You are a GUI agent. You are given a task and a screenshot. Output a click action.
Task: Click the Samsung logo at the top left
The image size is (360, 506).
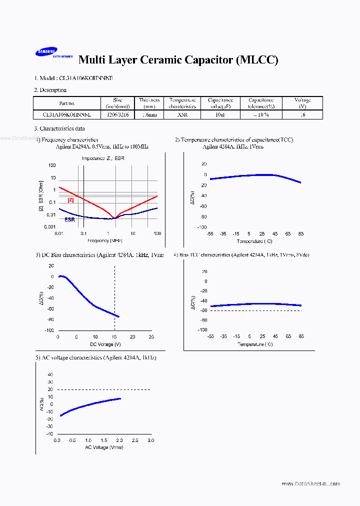(x=46, y=52)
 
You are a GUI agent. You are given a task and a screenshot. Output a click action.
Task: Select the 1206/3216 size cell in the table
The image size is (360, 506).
(x=117, y=114)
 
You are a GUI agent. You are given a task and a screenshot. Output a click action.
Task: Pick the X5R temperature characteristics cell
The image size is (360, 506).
(x=182, y=114)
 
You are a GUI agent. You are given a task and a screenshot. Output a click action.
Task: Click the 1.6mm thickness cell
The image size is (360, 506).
(x=149, y=114)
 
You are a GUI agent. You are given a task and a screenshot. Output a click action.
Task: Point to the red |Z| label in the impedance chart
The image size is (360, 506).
(x=71, y=200)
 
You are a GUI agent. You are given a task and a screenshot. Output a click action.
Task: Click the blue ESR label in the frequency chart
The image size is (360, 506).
(x=69, y=219)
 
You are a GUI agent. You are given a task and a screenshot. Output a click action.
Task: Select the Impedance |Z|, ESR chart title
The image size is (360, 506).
(x=103, y=158)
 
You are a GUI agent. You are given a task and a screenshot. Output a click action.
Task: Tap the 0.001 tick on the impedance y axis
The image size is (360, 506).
(x=49, y=227)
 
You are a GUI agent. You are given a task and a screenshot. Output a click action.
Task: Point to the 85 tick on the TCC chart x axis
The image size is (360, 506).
(x=301, y=233)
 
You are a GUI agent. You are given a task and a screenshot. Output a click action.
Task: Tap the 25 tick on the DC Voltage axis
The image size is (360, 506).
(x=151, y=337)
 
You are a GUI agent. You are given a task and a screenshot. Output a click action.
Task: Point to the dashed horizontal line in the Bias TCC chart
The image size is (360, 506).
(x=255, y=310)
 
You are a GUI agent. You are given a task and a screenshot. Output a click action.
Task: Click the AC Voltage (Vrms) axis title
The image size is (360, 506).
(x=104, y=447)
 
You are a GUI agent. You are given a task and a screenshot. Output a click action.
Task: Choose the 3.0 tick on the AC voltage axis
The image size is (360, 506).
(x=150, y=440)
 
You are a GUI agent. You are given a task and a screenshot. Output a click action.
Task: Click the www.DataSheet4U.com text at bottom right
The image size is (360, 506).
(x=310, y=483)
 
